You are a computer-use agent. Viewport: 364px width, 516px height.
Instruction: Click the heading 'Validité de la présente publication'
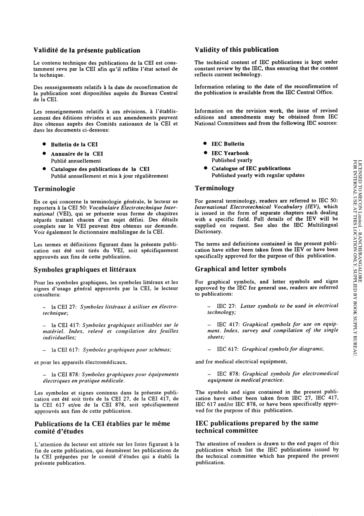coord(87,50)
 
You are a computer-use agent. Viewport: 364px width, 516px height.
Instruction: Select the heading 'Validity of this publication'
coord(236,49)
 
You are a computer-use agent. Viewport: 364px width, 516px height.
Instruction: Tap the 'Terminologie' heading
coord(54,189)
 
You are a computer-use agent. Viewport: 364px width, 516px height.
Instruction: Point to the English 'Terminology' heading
coord(215,188)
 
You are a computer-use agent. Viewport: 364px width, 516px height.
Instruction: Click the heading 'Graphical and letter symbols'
coord(241,269)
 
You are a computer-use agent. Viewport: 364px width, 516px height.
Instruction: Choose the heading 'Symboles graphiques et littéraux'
coord(85,270)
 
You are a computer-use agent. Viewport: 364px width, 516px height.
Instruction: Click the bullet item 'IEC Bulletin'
coord(228,144)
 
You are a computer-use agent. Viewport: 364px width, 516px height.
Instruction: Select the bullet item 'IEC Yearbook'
coord(230,153)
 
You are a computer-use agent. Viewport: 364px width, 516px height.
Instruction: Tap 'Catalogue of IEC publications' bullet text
coord(251,168)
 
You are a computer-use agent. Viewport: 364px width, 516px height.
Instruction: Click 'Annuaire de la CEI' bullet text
coord(77,154)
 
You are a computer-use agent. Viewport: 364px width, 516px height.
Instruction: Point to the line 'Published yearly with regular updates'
coord(258,175)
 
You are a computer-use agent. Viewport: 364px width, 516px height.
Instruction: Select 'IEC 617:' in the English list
coord(228,349)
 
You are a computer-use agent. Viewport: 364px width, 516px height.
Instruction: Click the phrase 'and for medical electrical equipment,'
coord(241,361)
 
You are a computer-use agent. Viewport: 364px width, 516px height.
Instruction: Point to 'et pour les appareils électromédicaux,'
coord(80,362)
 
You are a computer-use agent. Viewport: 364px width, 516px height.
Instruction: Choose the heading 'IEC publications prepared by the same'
coord(257,423)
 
